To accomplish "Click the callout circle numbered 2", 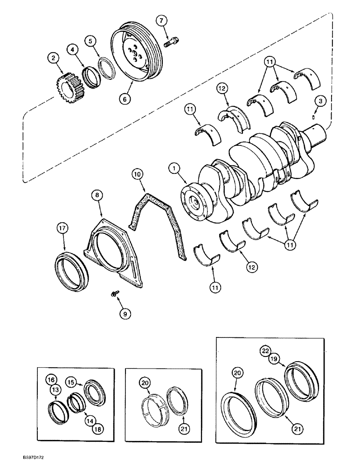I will [x=54, y=58].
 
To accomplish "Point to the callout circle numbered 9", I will [x=124, y=314].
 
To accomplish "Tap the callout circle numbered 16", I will [x=52, y=380].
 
